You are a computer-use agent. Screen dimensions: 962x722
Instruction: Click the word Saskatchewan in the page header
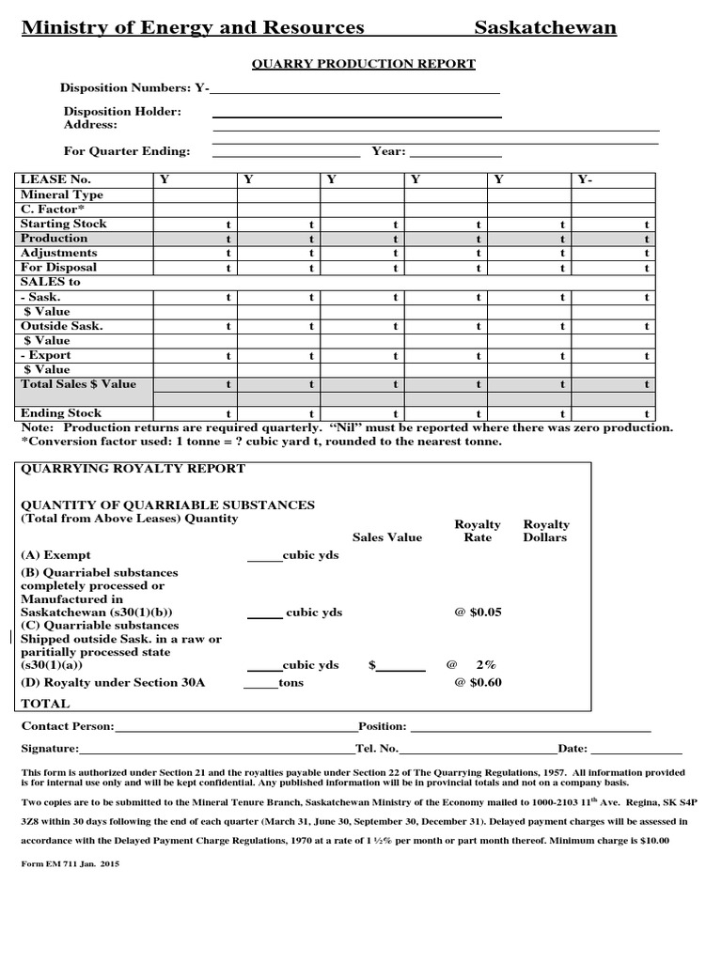(x=545, y=28)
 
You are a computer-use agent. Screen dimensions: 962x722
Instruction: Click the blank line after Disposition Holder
(x=356, y=114)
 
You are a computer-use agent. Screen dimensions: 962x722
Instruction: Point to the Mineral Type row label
(x=62, y=195)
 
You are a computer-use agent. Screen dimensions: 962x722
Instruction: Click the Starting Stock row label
(x=64, y=224)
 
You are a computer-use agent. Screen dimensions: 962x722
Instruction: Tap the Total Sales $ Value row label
(x=78, y=384)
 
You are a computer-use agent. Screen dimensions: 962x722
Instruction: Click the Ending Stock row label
(x=61, y=413)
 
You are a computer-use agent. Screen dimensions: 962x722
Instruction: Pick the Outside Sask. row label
(x=62, y=326)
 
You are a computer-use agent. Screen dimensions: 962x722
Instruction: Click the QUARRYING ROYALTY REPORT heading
(x=133, y=469)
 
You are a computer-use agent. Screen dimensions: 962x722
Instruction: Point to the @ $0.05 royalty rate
(x=478, y=613)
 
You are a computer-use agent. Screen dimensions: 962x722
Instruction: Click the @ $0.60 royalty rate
(x=478, y=683)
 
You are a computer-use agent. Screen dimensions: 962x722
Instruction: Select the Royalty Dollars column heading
(x=546, y=531)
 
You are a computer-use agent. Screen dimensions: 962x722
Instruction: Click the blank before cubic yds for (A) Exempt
(x=264, y=557)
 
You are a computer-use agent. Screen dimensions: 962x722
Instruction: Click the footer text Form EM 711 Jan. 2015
(x=71, y=862)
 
